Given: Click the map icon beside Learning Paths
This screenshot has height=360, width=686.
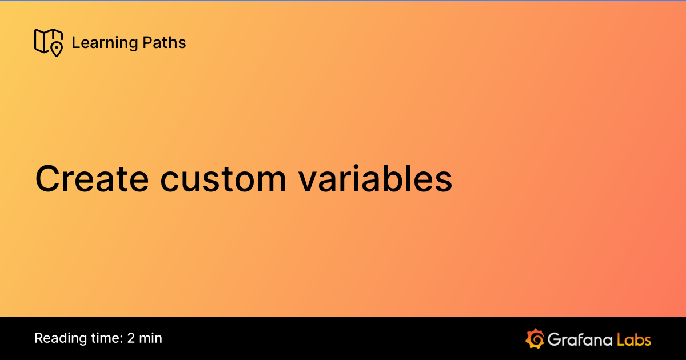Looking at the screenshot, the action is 49,42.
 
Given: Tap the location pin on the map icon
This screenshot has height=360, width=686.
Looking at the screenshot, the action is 57,50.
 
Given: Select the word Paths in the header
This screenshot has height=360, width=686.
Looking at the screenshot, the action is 164,42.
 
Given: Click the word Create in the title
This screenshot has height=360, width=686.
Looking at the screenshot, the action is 92,179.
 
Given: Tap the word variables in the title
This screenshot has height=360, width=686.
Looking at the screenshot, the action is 376,179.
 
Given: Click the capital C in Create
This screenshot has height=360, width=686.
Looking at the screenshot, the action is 48,179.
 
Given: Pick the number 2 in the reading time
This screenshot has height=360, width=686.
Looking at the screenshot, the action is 131,338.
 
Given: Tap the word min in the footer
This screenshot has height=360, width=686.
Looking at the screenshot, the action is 150,338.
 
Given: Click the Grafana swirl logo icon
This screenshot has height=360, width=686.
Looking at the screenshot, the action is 535,338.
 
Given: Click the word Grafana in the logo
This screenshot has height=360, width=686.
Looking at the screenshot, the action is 580,339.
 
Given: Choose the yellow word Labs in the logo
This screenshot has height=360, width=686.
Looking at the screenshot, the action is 634,339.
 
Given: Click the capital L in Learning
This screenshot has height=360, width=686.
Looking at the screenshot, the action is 76,42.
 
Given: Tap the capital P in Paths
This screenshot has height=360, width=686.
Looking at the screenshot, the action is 147,42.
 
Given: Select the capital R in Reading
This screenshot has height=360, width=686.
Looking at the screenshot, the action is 39,338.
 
